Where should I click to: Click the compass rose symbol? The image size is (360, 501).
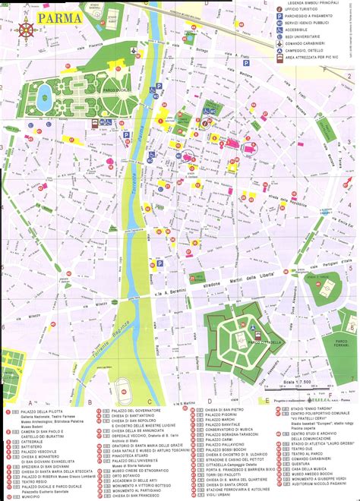pyautogui.click(x=27, y=30)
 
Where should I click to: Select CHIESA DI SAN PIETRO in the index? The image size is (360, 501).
pyautogui.click(x=225, y=411)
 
